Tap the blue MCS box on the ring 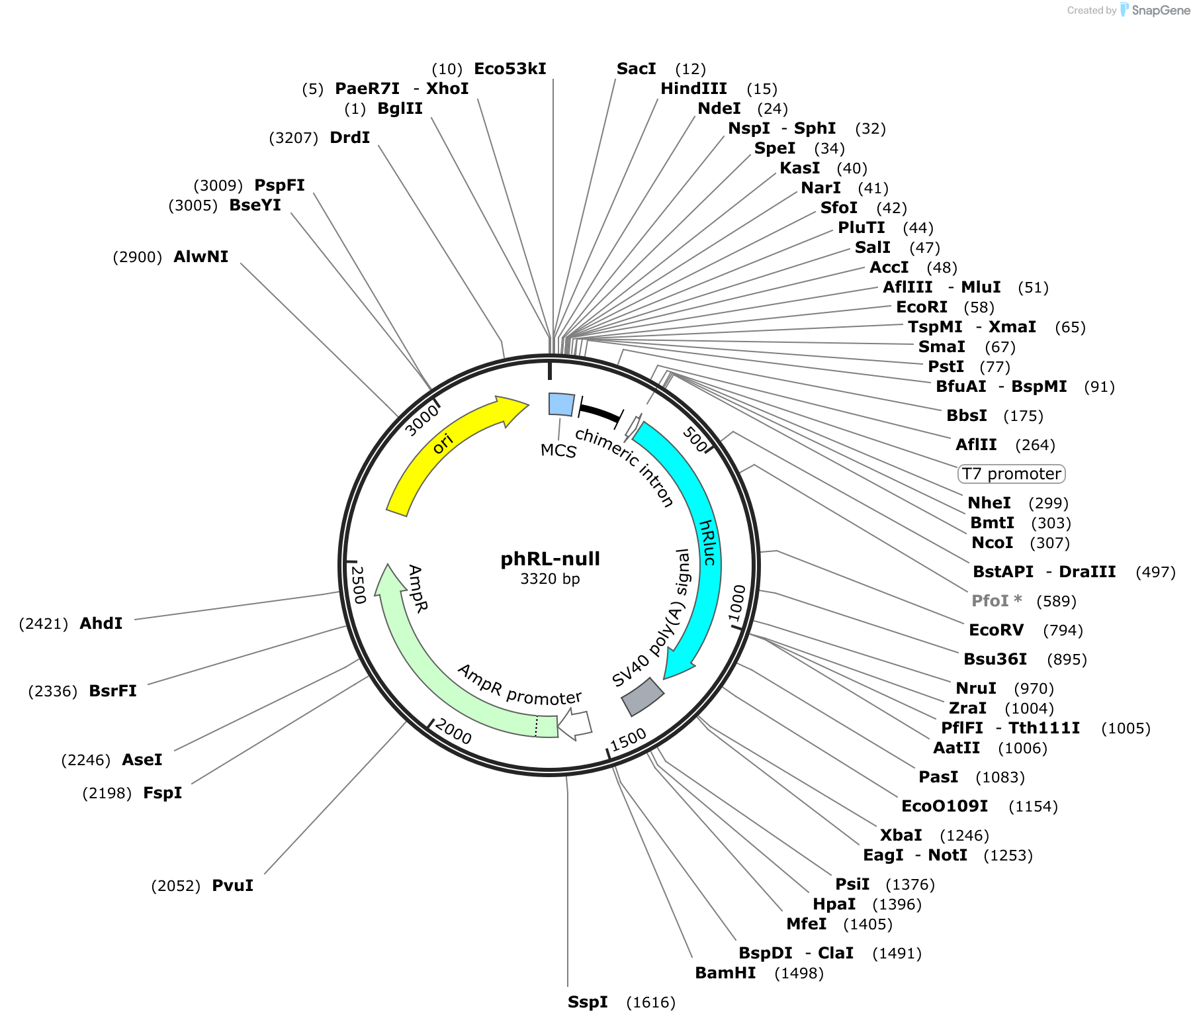[562, 404]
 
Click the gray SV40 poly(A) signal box [642, 696]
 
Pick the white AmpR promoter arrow [574, 725]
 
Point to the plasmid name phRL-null [550, 559]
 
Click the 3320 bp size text [550, 579]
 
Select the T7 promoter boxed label [1012, 474]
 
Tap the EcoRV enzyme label [996, 630]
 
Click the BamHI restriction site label [725, 973]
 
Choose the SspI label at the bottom [588, 1002]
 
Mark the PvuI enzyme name [232, 886]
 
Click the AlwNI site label [200, 257]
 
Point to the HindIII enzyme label [693, 89]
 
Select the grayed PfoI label [996, 601]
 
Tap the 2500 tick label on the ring [358, 585]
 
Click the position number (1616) [651, 1003]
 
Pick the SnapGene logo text [1161, 10]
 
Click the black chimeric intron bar [599, 412]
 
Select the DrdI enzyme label [349, 138]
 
